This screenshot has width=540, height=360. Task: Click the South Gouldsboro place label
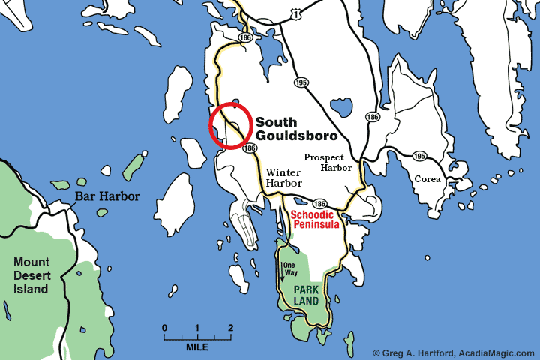295,129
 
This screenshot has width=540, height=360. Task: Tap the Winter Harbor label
284,178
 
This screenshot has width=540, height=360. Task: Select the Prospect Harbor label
328,163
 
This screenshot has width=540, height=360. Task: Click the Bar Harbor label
106,197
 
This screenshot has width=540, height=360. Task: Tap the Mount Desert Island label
31,275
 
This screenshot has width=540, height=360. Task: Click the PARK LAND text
306,295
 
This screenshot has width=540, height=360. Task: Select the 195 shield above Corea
420,156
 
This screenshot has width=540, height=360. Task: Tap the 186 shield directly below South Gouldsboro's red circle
250,149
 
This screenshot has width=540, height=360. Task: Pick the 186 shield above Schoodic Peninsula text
319,204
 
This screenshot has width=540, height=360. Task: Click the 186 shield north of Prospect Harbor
372,117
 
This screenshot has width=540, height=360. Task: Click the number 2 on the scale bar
230,328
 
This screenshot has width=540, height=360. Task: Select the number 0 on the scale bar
164,328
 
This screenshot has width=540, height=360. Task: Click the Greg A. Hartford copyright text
454,352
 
